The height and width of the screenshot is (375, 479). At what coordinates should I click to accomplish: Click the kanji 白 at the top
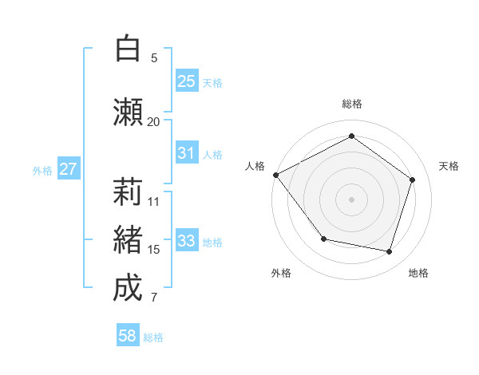[x=127, y=49]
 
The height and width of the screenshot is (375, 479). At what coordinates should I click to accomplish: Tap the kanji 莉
[x=128, y=193]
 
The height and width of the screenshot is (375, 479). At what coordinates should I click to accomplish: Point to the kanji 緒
[x=128, y=241]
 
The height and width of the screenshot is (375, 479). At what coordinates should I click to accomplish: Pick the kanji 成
[x=128, y=289]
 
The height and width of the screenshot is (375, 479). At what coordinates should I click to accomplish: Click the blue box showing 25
[x=187, y=81]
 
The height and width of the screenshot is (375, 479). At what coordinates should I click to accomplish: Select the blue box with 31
[x=187, y=153]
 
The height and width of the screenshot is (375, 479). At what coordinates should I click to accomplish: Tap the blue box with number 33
[x=187, y=241]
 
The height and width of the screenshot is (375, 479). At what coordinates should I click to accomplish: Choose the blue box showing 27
[x=69, y=169]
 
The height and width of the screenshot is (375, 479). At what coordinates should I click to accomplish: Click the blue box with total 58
[x=128, y=337]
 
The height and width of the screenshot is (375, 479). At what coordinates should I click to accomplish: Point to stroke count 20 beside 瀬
[x=153, y=122]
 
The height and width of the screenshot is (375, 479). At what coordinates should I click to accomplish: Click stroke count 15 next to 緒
[x=154, y=250]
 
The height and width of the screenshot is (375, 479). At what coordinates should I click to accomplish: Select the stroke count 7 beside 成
[x=154, y=298]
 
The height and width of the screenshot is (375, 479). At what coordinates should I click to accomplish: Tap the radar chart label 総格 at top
[x=352, y=104]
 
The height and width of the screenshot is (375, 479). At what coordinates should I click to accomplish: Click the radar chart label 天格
[x=449, y=166]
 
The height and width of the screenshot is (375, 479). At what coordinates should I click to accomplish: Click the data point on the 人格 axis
[x=275, y=175]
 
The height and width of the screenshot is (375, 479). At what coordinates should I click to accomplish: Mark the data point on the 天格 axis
[x=413, y=180]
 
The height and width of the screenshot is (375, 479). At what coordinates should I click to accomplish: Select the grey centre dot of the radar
[x=352, y=199]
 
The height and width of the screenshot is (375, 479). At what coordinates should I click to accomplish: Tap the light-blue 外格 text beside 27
[x=42, y=170]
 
